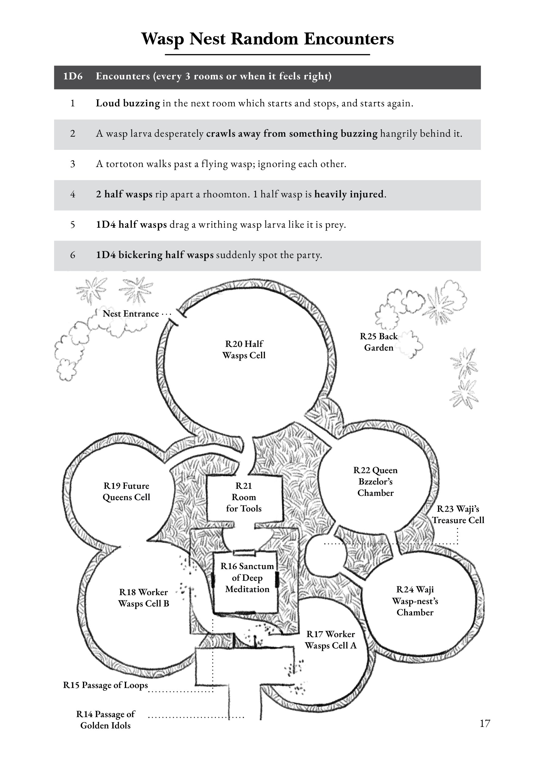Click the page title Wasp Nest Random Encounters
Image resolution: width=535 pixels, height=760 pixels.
267,39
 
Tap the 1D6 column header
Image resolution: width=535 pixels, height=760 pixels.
73,77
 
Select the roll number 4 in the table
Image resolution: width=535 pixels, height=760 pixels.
73,194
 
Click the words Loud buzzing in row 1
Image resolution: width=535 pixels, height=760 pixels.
128,103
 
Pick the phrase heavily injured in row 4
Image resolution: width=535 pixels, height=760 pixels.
349,194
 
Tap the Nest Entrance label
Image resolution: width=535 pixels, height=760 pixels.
131,314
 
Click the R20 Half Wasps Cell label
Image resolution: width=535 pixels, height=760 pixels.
244,350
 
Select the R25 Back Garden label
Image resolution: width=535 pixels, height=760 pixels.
379,342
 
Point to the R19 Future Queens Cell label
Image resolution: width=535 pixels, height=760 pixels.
126,492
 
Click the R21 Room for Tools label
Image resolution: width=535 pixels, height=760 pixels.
244,497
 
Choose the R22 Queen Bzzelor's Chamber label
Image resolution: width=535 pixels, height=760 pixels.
375,482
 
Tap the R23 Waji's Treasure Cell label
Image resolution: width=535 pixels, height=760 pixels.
458,515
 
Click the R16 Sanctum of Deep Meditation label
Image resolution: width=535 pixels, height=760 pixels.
247,578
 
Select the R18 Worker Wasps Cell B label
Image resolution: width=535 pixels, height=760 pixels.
144,598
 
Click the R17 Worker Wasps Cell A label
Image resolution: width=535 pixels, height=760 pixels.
331,640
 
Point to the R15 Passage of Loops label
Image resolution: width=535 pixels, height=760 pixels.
106,685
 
